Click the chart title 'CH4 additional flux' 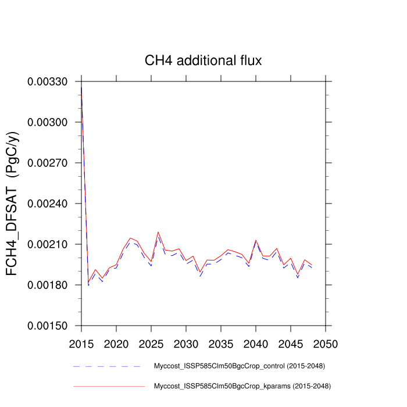203,60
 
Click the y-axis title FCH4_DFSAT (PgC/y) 13,203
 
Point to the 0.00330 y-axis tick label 48,81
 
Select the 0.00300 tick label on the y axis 48,122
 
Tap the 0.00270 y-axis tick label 48,163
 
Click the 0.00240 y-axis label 48,203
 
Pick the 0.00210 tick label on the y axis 48,244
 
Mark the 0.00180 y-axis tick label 48,285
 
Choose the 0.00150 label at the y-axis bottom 48,326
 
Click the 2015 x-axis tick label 81,343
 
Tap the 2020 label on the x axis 116,343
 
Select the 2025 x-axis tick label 151,343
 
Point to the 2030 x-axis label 186,343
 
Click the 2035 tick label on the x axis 221,343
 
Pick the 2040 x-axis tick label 256,343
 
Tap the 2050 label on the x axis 326,343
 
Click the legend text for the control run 239,366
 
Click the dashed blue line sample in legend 108,366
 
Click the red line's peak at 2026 158,232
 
